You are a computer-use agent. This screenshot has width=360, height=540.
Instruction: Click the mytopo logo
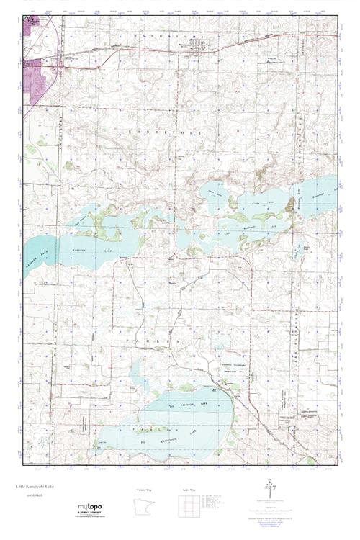92,508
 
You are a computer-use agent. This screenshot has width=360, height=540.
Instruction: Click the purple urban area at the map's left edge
33,72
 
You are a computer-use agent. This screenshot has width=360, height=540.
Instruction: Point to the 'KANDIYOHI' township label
148,134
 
